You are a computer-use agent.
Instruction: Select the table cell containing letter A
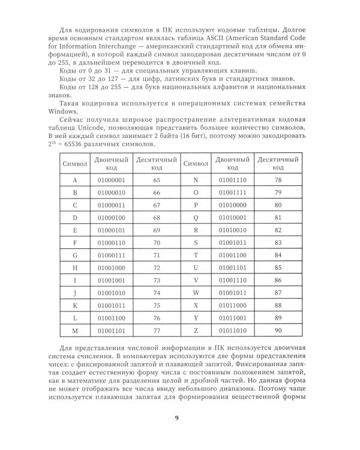pyautogui.click(x=75, y=180)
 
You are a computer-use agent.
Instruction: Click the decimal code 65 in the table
pyautogui.click(x=157, y=180)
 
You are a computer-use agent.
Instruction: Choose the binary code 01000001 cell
pyautogui.click(x=111, y=180)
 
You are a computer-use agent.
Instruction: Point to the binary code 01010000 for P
pyautogui.click(x=233, y=205)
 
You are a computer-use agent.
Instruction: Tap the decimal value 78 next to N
pyautogui.click(x=278, y=180)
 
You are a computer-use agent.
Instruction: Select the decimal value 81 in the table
pyautogui.click(x=278, y=217)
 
